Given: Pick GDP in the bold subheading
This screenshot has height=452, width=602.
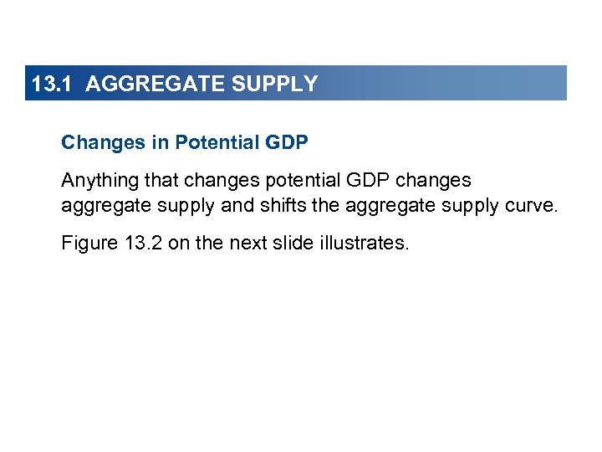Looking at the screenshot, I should [288, 142].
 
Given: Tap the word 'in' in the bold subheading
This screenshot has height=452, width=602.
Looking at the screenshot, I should [160, 142].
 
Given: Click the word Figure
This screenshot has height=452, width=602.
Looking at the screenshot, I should [89, 244].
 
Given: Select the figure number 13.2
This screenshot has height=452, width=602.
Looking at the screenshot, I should [144, 244].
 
